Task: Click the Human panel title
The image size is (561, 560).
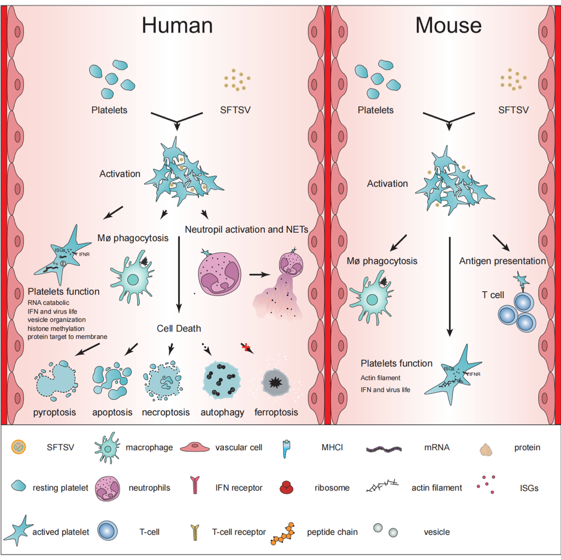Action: pos(177,25)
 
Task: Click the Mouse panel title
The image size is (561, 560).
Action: pos(448,25)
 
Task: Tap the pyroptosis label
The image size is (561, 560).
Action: pos(54,412)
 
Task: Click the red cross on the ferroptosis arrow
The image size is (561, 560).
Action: pos(246,346)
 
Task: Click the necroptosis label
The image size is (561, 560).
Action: pos(166,412)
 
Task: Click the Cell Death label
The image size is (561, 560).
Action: pos(179,328)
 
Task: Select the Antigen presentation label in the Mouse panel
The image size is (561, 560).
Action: pos(503,261)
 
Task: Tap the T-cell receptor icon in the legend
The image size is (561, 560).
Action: pos(194,530)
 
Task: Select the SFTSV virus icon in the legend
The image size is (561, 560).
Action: pos(19,447)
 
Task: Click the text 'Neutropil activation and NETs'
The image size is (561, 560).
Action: pos(247,229)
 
